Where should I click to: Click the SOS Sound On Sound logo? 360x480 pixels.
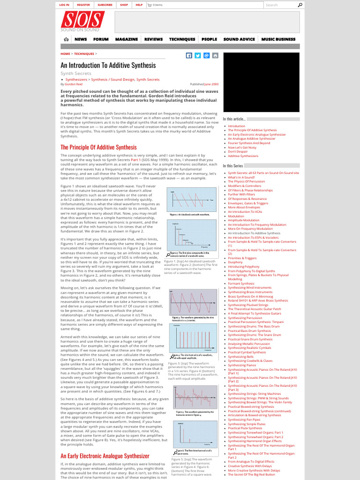(x=82, y=22)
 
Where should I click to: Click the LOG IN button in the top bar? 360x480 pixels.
(x=64, y=5)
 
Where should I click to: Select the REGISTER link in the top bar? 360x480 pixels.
(x=83, y=5)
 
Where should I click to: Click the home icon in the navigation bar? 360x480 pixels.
(x=66, y=39)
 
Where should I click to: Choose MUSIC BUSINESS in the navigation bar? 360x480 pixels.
(x=278, y=39)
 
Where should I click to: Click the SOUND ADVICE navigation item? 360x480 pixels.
(x=239, y=39)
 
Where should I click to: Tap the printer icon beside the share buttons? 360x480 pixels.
(x=215, y=55)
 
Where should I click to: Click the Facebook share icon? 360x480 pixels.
(x=189, y=55)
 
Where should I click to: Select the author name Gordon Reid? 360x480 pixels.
(x=74, y=84)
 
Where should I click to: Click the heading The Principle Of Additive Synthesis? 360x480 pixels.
(x=98, y=147)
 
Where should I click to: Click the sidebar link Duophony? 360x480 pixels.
(x=236, y=262)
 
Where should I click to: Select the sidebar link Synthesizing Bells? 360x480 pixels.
(x=241, y=356)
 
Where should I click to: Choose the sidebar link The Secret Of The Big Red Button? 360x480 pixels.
(x=252, y=474)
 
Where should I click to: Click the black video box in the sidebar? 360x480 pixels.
(x=261, y=82)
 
